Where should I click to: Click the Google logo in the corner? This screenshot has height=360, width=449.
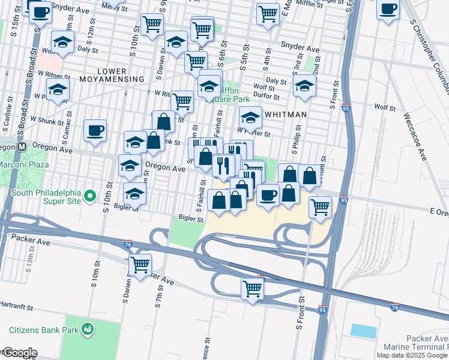point(19,353)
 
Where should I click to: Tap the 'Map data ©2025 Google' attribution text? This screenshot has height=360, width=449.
point(412,355)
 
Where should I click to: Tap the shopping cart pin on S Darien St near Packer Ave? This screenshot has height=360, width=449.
point(140,265)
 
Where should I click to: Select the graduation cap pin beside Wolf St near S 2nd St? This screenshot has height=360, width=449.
point(305,86)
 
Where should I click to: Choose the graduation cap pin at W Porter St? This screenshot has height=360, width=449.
point(251,117)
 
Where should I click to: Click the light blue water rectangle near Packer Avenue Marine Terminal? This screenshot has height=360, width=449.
point(364,331)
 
